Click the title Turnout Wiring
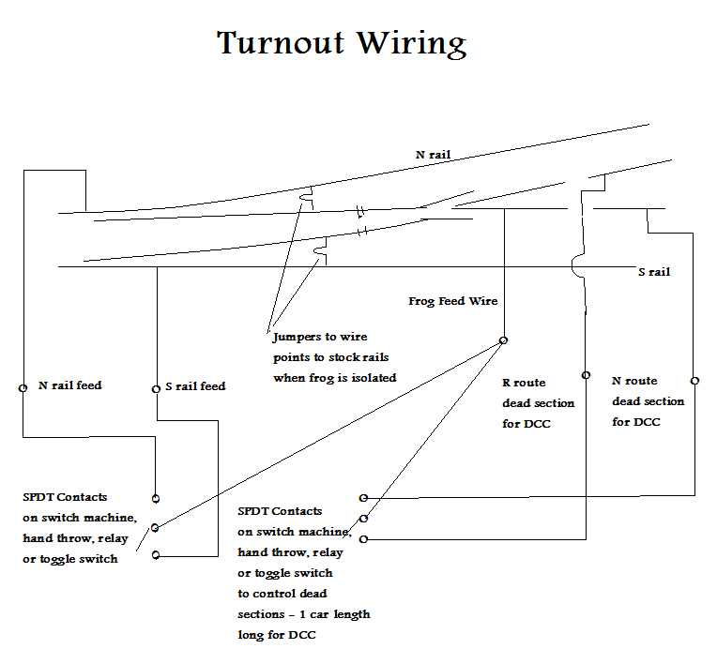pyautogui.click(x=341, y=44)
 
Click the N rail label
pyautogui.click(x=435, y=155)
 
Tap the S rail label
pyautogui.click(x=654, y=272)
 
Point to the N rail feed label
pyautogui.click(x=69, y=385)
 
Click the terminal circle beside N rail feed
pyautogui.click(x=23, y=386)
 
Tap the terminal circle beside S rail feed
pyautogui.click(x=156, y=387)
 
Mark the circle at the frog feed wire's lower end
pyautogui.click(x=504, y=340)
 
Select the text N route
pyautogui.click(x=634, y=381)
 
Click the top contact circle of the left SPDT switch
pyautogui.click(x=156, y=498)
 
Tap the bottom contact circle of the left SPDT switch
pyautogui.click(x=156, y=555)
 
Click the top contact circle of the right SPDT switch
pyautogui.click(x=363, y=498)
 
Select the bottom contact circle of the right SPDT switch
pyautogui.click(x=363, y=538)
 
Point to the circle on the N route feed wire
pyautogui.click(x=694, y=381)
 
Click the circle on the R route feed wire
pyautogui.click(x=586, y=375)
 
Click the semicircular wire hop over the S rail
pyautogui.click(x=576, y=266)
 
